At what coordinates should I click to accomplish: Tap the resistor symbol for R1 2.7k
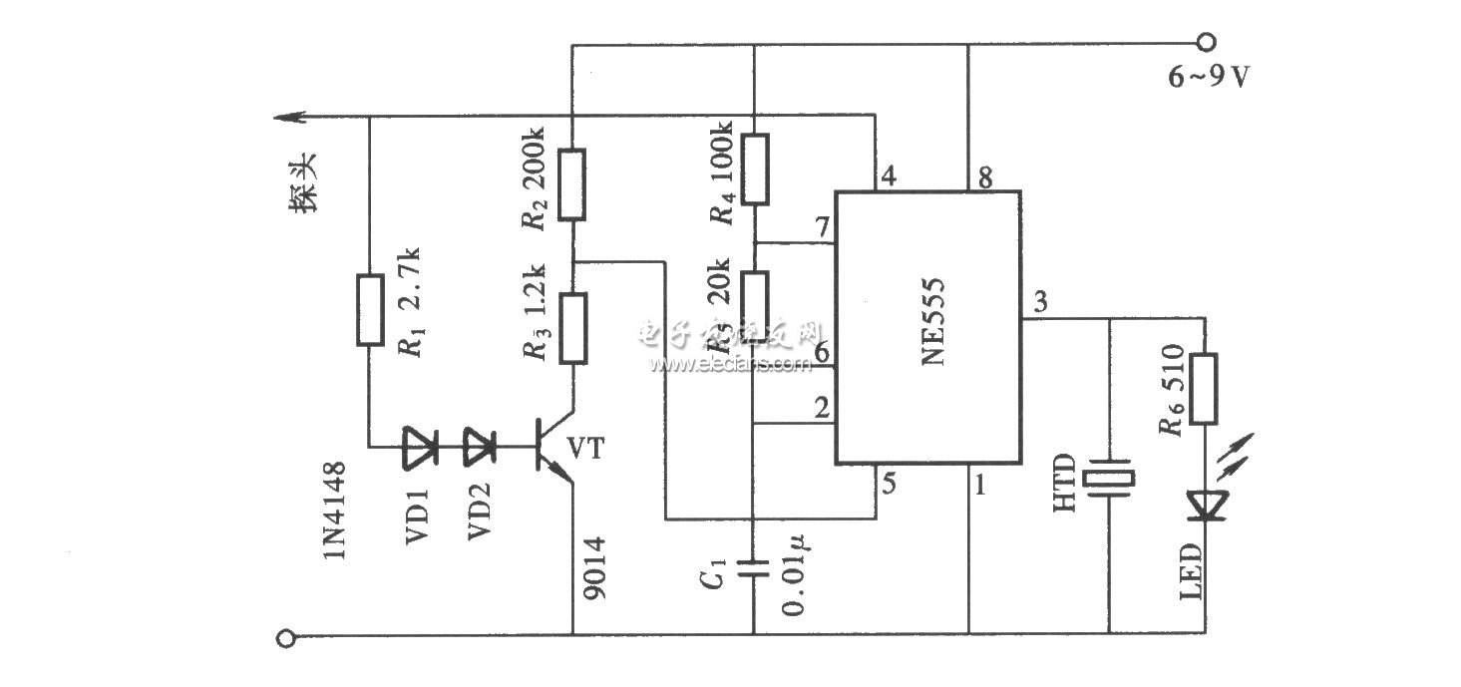pyautogui.click(x=370, y=310)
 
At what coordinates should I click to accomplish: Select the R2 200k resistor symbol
pyautogui.click(x=571, y=183)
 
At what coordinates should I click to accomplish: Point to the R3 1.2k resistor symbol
pyautogui.click(x=571, y=327)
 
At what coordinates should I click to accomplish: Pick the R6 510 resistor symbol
pyautogui.click(x=1207, y=388)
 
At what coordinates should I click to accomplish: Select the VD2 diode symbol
pyautogui.click(x=483, y=447)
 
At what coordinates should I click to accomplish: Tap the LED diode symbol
pyautogui.click(x=1207, y=504)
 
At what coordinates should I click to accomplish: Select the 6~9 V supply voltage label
pyautogui.click(x=1209, y=76)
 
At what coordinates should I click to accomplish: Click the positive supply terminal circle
pyautogui.click(x=1206, y=42)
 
